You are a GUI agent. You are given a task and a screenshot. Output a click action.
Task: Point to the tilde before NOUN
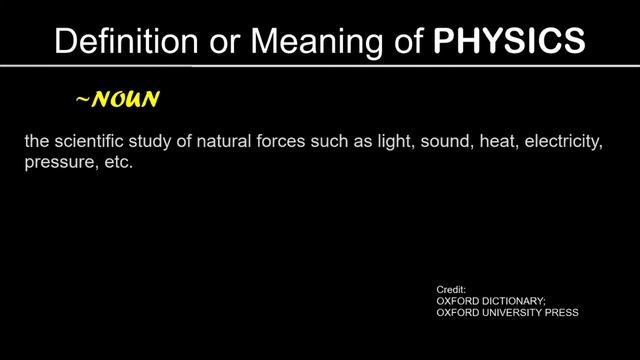point(83,100)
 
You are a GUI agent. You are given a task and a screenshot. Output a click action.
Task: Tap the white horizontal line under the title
point(320,67)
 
